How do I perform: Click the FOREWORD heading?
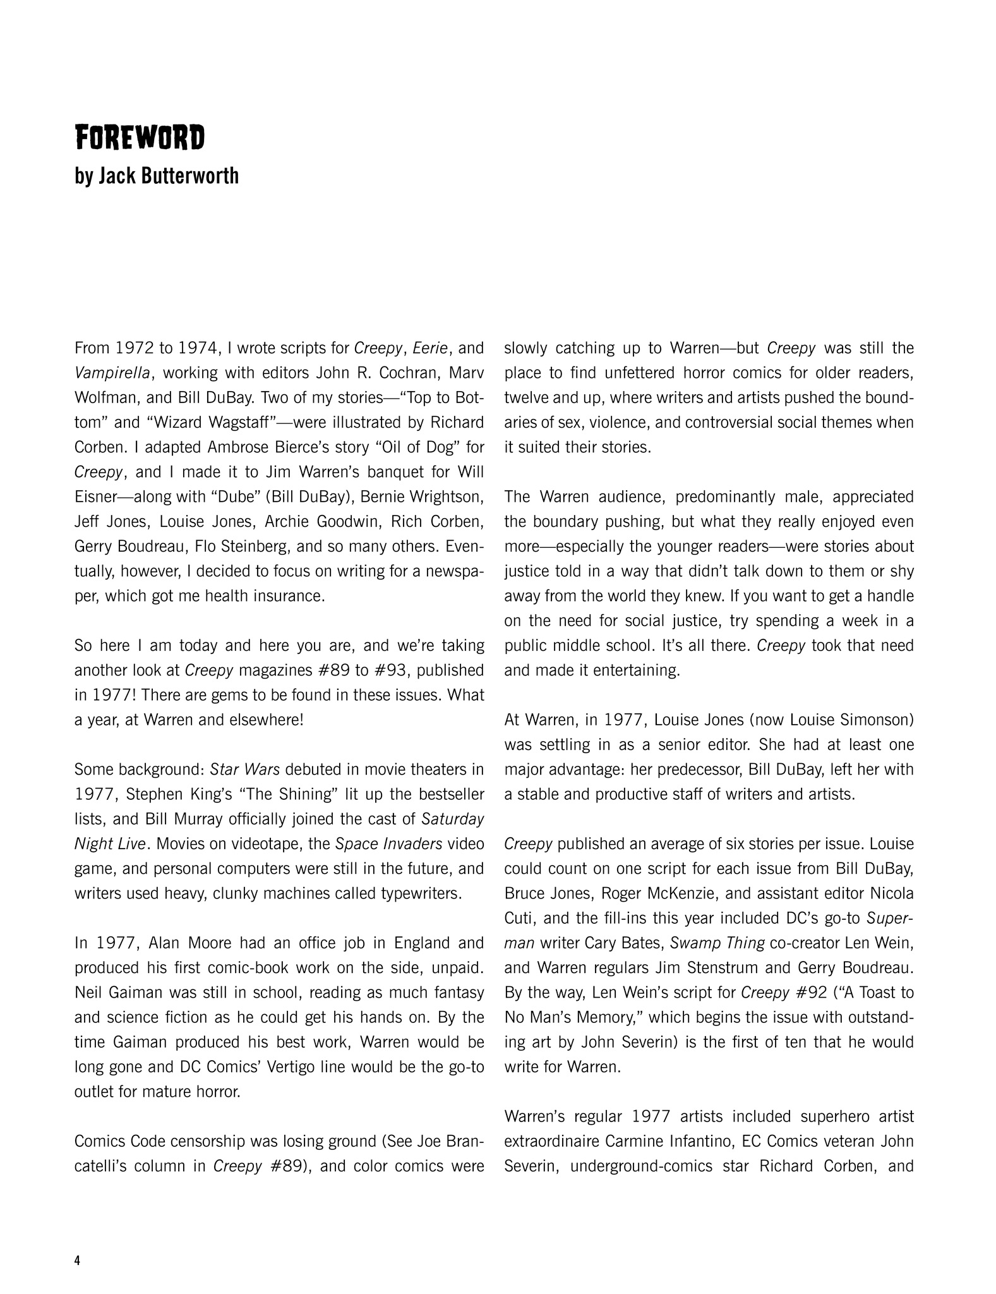pos(140,138)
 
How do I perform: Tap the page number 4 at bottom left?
pos(78,1261)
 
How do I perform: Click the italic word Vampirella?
pos(112,373)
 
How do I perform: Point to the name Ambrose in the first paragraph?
pos(236,447)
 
